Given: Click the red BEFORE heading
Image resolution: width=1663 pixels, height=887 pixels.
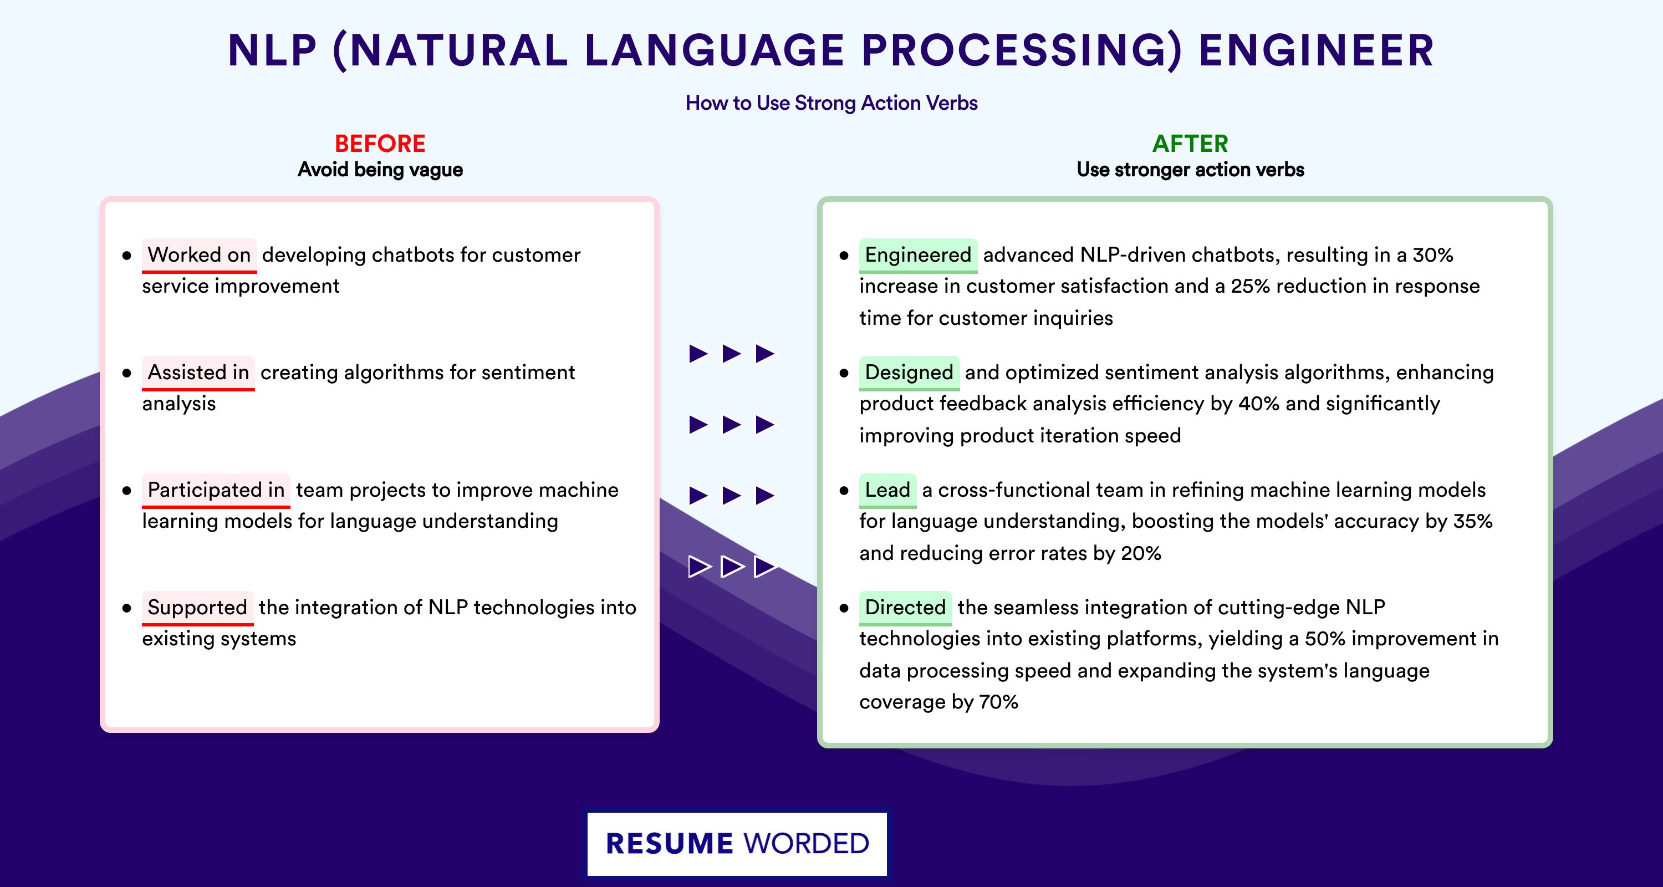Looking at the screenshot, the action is (x=380, y=144).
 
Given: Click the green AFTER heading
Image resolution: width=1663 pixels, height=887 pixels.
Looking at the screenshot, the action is (x=1190, y=144).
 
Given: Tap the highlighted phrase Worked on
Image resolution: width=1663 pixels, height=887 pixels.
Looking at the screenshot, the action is (x=199, y=255).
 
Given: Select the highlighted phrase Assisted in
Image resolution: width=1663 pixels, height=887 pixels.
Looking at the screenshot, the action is (x=198, y=373).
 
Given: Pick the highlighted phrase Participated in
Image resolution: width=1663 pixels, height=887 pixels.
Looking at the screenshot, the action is (x=216, y=490).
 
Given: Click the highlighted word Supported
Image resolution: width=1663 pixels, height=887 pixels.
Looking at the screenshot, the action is (x=197, y=608).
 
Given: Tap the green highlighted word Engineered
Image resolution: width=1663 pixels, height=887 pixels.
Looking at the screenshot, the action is (x=918, y=255).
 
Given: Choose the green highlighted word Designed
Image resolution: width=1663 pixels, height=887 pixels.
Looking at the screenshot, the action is (x=909, y=373).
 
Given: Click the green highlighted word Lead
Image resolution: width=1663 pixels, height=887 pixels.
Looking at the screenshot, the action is (x=887, y=490).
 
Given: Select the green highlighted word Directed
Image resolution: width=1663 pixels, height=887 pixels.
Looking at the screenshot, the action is (x=905, y=608).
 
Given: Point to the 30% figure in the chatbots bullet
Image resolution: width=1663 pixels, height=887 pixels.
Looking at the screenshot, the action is (x=1432, y=255).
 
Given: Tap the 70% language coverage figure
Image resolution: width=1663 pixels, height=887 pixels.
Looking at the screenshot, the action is (x=998, y=702).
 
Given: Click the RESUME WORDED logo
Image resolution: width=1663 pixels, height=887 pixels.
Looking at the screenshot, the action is (x=737, y=844).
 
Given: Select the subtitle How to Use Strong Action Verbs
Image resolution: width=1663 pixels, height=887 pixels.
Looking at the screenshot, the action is (x=831, y=103).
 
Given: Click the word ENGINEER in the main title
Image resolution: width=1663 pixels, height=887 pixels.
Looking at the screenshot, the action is (x=1317, y=50).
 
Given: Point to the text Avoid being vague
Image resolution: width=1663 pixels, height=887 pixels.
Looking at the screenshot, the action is (x=380, y=170).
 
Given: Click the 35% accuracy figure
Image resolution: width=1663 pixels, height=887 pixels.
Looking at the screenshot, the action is (x=1472, y=521).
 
